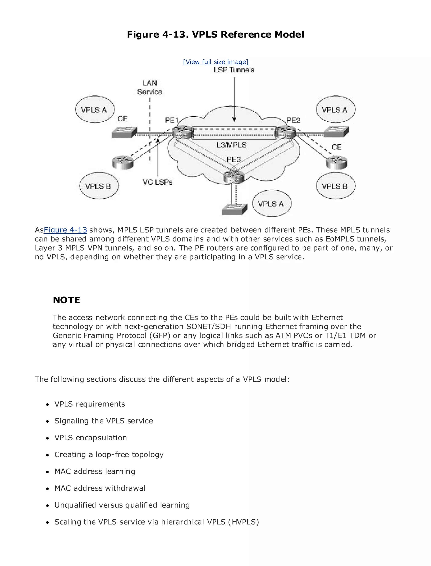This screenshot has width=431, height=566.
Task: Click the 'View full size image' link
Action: (215, 62)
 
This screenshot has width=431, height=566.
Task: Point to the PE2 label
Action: (293, 120)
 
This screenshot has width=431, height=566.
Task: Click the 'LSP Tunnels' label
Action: (234, 70)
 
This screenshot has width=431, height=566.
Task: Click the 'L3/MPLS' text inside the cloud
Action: (231, 145)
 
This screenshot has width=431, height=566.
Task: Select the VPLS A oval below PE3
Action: (272, 204)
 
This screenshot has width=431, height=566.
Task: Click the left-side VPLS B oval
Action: (99, 186)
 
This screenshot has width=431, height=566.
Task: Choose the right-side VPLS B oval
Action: (335, 186)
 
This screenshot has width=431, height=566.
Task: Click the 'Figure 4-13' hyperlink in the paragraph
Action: (65, 230)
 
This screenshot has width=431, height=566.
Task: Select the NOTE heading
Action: (67, 300)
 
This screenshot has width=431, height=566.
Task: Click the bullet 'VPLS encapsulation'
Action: (90, 438)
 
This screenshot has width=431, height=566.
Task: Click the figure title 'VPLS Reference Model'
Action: (248, 34)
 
